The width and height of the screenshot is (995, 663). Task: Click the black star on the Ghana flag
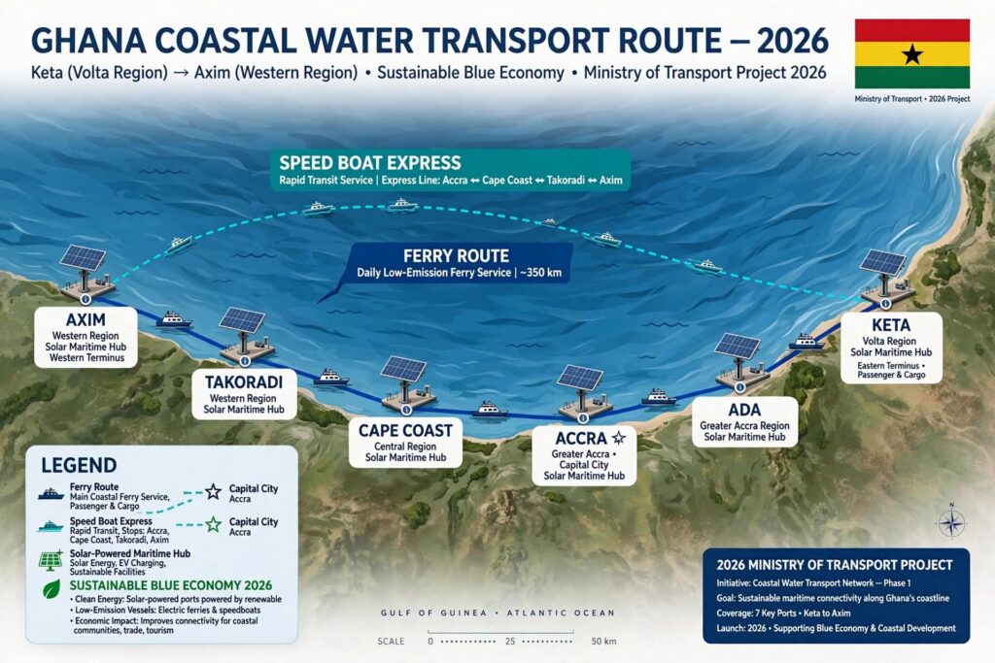(x=911, y=54)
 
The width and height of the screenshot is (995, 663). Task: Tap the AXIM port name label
(x=86, y=319)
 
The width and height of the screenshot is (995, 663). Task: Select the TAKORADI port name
(x=243, y=382)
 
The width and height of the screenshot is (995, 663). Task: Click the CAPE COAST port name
(x=405, y=430)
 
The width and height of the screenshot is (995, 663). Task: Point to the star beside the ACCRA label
(x=619, y=438)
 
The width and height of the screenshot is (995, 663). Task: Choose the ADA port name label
(x=745, y=410)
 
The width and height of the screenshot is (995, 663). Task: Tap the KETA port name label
(x=891, y=325)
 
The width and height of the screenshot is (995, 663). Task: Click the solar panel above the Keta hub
(x=882, y=262)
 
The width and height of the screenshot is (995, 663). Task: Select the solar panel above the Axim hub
(x=84, y=257)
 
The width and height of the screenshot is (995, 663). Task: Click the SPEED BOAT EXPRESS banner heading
(x=370, y=163)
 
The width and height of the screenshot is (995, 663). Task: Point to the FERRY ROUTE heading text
(x=456, y=256)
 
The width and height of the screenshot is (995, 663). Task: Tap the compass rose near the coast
(x=951, y=523)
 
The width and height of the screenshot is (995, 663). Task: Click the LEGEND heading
(x=79, y=465)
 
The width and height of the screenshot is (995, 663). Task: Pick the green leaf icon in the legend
(x=51, y=589)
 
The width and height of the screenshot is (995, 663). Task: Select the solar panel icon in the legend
(x=51, y=561)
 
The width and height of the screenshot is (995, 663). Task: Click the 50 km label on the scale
(x=603, y=641)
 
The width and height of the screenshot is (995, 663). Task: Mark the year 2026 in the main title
(x=793, y=41)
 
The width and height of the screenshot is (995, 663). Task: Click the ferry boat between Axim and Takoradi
(x=173, y=318)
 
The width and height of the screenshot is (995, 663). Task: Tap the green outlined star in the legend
(x=213, y=524)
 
